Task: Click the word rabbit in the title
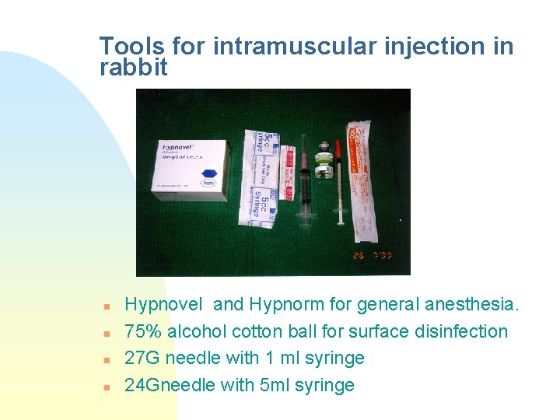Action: [x=134, y=68]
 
